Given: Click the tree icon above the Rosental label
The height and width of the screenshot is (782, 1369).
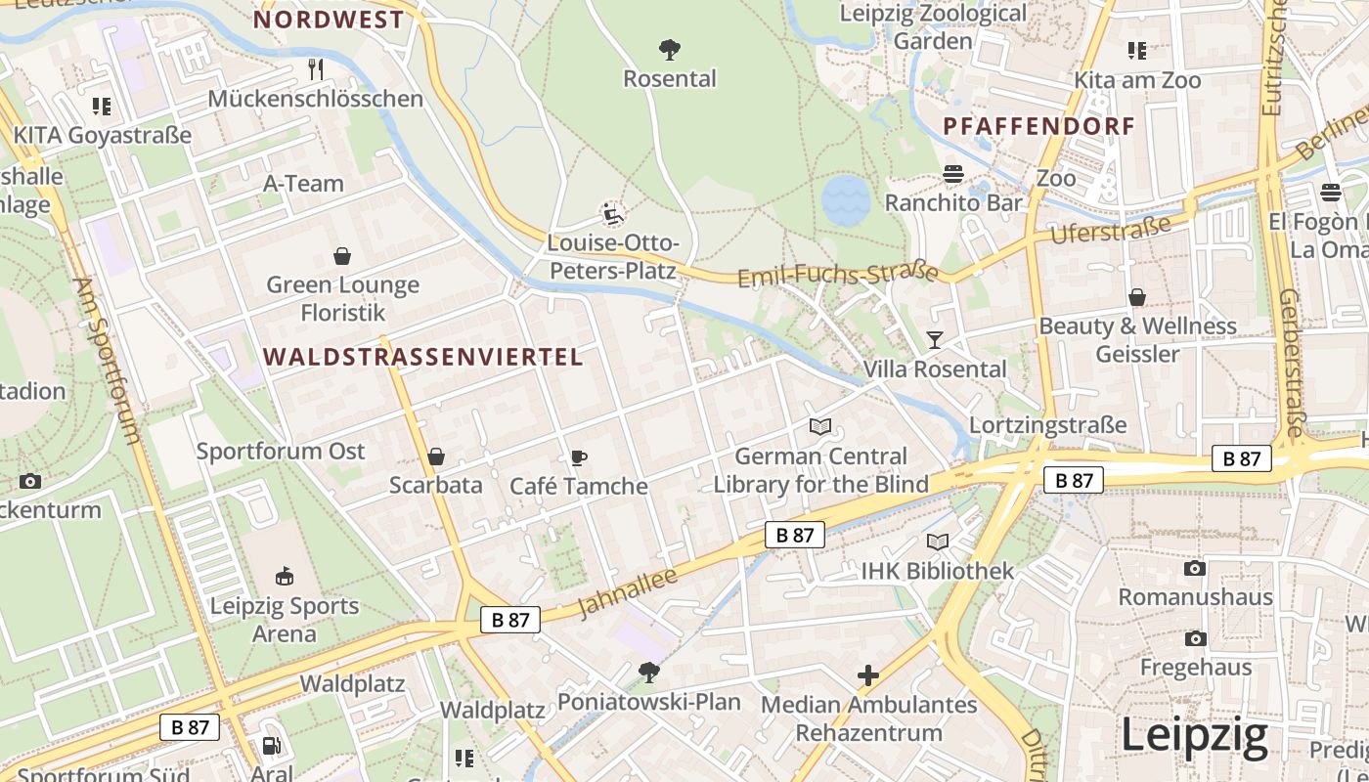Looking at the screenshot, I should pos(670,49).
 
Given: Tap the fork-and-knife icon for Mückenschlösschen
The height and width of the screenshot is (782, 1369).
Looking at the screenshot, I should pos(315,69).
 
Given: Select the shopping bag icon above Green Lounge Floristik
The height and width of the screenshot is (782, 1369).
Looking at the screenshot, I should pos(342,256).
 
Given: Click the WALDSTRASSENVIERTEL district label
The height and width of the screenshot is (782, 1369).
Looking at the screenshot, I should pos(422,357).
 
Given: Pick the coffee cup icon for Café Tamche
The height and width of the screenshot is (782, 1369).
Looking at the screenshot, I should pos(578,457).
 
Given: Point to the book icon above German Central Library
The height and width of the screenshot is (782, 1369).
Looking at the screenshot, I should pos(820,427).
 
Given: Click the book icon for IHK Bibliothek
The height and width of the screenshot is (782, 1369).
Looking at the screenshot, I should pos(937,542).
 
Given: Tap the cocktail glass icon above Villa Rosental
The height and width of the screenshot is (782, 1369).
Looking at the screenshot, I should pos(935,340).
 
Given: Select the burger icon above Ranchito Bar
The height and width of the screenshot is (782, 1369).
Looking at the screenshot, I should pos(952,174).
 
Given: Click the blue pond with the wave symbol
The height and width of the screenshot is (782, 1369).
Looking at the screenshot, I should pos(846,201).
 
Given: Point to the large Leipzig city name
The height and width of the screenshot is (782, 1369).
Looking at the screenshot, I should pos(1194,734).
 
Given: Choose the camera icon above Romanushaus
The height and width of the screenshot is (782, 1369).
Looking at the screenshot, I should pos(1195,568).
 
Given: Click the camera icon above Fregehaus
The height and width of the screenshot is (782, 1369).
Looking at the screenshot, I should pos(1195,638).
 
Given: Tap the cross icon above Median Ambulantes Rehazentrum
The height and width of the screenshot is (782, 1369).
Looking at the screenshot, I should pos(868,675).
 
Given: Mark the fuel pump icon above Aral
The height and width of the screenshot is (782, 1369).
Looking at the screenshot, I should pos(271,746).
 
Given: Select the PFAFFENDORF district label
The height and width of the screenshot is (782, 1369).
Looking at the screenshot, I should pos(1039,126).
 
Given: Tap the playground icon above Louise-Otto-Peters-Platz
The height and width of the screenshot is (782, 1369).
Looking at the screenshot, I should pos(613,214).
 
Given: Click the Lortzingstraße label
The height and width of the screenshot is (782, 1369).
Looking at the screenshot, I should pos(1047,425).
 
